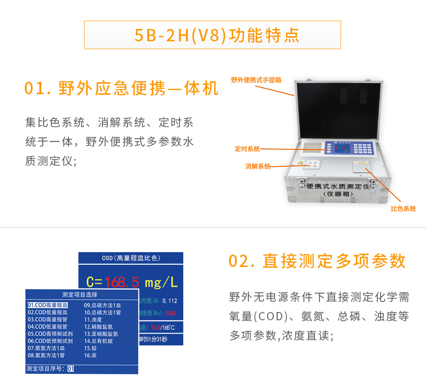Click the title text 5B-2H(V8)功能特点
[212, 35]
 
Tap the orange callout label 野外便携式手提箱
[256, 80]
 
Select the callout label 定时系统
[247, 149]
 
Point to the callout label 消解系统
[258, 166]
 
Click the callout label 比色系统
[403, 209]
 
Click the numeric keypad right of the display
[363, 149]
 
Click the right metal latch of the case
[373, 184]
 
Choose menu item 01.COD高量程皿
[47, 305]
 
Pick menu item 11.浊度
[93, 319]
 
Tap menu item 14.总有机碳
[98, 341]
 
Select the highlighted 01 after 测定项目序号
[70, 369]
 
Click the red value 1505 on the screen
[170, 313]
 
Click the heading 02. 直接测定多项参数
[317, 261]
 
